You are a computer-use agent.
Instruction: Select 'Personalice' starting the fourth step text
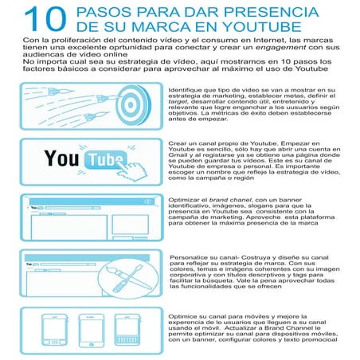click(190, 258)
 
